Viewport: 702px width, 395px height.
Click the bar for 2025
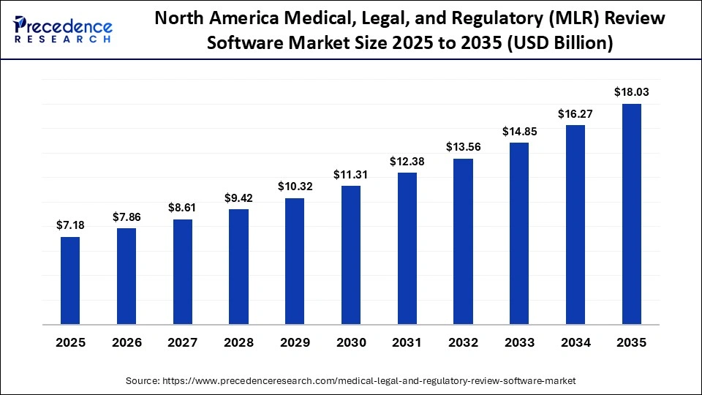pos(70,280)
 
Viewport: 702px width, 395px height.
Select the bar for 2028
pos(238,266)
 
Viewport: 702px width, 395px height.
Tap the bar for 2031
pos(407,248)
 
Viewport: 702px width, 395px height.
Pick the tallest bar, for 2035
pos(631,214)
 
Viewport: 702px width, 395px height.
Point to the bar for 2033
pos(519,233)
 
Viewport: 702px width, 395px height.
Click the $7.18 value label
pos(70,225)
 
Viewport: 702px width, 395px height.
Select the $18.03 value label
pos(631,92)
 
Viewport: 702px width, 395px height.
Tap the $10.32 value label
pos(295,187)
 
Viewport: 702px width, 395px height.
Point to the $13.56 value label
pos(463,147)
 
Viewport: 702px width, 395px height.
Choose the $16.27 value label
pos(575,113)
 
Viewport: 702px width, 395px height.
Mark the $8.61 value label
pos(182,208)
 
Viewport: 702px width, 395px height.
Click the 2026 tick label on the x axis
pos(127,342)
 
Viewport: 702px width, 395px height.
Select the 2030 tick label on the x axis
pos(351,342)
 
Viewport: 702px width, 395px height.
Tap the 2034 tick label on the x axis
pos(575,342)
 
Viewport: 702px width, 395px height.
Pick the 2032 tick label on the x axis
pos(463,342)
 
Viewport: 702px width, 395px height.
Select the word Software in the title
pos(239,43)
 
